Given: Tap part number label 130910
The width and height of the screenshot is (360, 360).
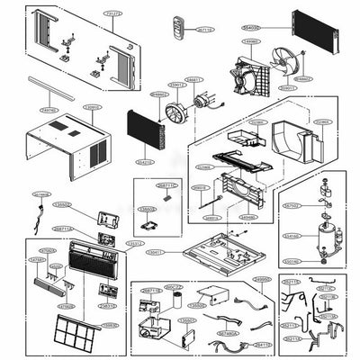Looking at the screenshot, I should pyautogui.click(x=92, y=107).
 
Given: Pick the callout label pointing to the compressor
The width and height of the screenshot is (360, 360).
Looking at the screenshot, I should pyautogui.click(x=292, y=236).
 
